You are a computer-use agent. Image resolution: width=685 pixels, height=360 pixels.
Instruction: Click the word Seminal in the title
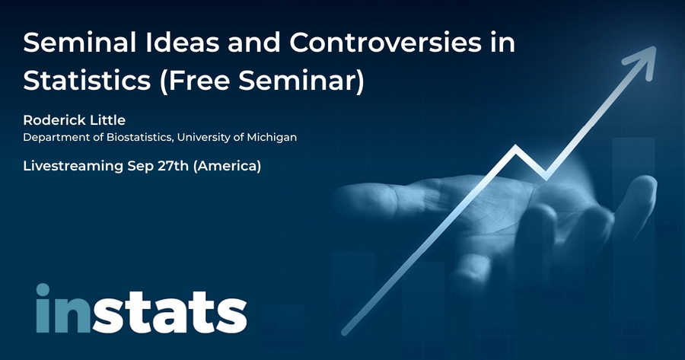click(x=79, y=43)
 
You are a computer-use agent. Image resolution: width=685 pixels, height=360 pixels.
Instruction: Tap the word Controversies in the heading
click(x=385, y=43)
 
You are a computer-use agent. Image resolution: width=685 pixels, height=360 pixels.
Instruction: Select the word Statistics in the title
click(x=87, y=81)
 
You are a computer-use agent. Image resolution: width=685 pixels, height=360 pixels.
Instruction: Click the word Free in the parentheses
click(x=196, y=81)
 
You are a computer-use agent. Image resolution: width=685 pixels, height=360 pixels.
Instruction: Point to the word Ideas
click(x=182, y=43)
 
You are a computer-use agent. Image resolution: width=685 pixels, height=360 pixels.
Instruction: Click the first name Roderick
click(x=51, y=120)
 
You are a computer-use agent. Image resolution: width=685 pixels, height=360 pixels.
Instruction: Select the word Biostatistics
click(x=139, y=137)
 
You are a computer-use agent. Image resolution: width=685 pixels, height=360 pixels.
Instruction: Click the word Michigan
click(x=272, y=137)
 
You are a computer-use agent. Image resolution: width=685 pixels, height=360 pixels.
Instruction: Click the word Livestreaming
click(x=73, y=166)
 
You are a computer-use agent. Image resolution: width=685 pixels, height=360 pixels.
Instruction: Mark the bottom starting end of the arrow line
click(x=344, y=333)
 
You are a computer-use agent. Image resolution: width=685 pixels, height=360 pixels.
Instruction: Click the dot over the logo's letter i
click(x=43, y=290)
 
